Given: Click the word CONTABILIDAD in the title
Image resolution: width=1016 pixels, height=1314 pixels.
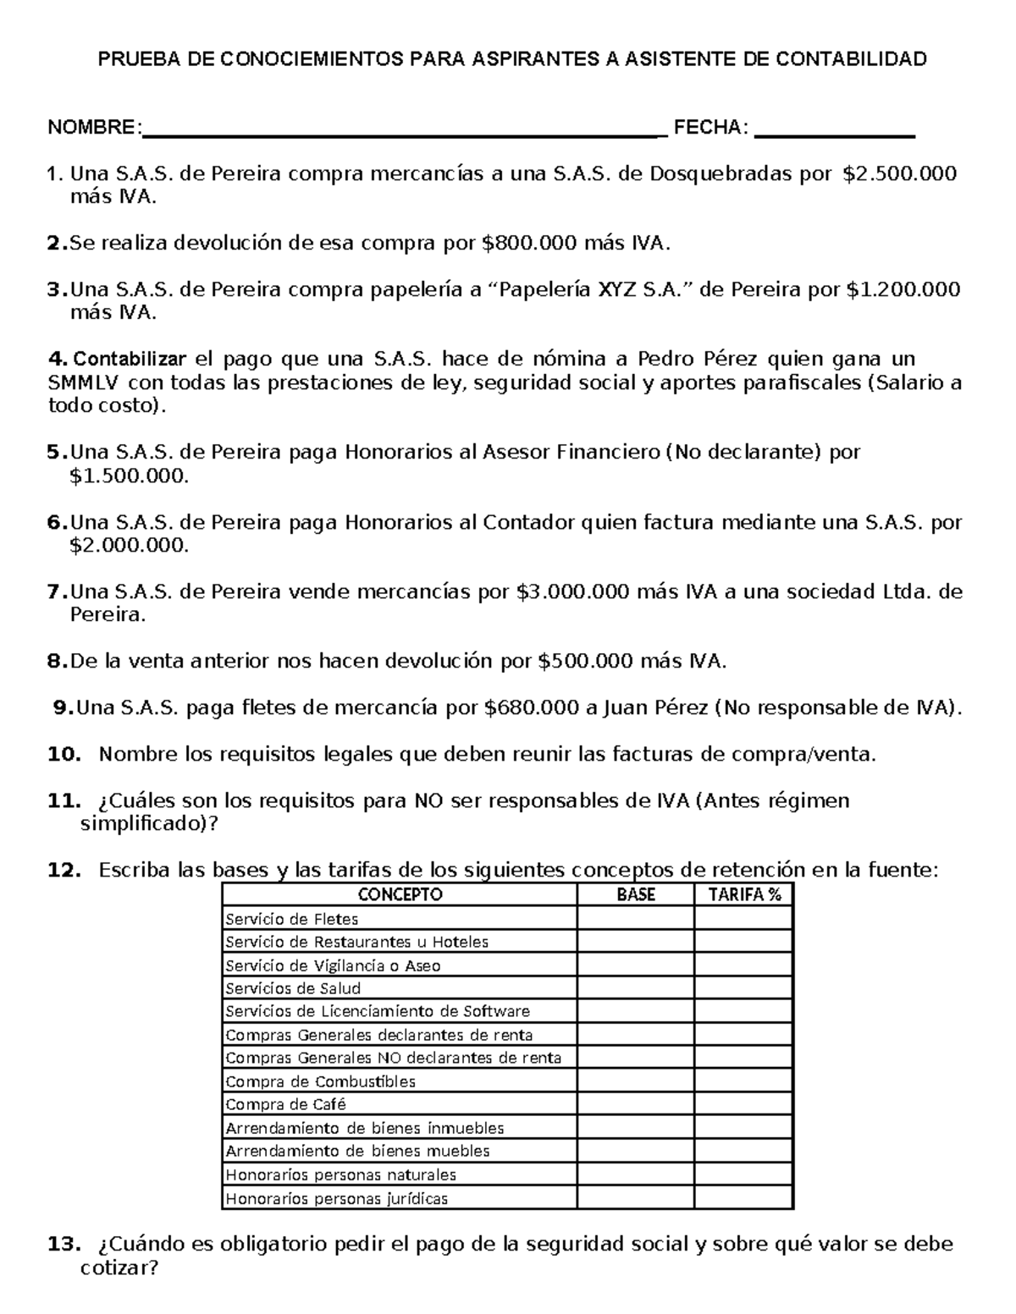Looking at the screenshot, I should pyautogui.click(x=849, y=59).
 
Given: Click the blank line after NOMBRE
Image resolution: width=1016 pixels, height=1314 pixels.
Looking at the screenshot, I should pyautogui.click(x=402, y=134).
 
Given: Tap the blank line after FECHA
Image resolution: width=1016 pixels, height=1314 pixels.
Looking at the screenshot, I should pyautogui.click(x=834, y=134).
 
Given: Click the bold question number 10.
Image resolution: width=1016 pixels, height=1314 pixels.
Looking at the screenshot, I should pyautogui.click(x=64, y=755).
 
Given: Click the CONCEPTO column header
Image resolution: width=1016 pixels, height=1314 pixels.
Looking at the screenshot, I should pyautogui.click(x=400, y=895).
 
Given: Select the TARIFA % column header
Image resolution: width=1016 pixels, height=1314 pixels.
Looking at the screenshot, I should pyautogui.click(x=744, y=895).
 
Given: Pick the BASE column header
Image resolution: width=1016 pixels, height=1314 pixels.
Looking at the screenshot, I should pyautogui.click(x=636, y=895).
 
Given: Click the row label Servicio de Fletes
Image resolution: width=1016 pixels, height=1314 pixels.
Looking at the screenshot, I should pyautogui.click(x=291, y=919).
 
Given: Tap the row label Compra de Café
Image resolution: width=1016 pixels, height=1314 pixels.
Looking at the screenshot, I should pyautogui.click(x=285, y=1105).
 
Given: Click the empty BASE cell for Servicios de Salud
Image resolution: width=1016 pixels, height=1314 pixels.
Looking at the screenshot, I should pyautogui.click(x=636, y=988).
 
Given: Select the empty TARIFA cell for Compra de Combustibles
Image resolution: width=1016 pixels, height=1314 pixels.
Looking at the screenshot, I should pyautogui.click(x=744, y=1081).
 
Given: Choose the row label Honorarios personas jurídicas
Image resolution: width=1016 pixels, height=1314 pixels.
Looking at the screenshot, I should pyautogui.click(x=336, y=1199).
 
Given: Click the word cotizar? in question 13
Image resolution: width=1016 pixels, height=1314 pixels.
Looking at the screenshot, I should pyautogui.click(x=119, y=1269).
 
